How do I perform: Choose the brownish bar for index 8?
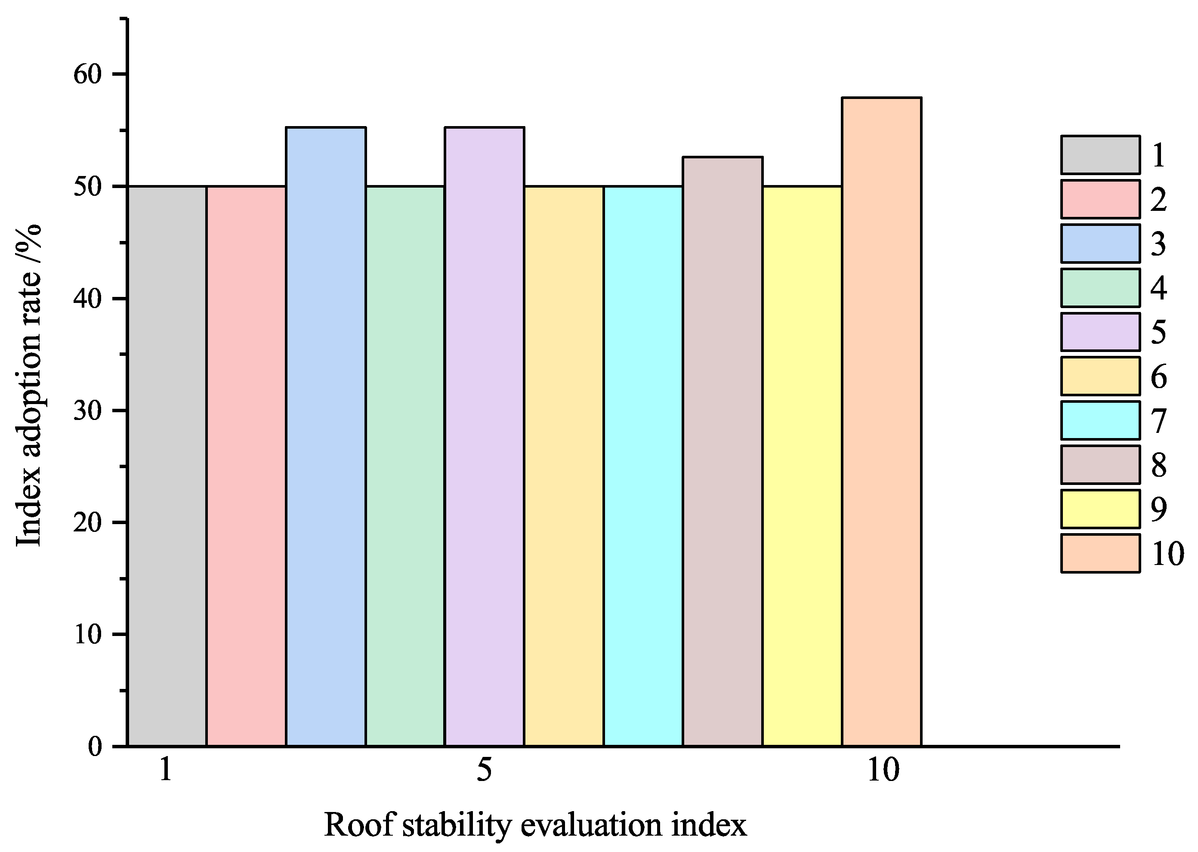point(722,451)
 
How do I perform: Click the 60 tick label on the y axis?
point(87,75)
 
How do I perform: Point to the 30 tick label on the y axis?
point(87,411)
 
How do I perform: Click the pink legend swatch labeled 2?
point(1100,199)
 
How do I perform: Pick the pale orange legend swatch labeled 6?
point(1100,376)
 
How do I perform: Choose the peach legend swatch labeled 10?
point(1100,553)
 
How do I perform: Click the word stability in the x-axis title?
point(456,825)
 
